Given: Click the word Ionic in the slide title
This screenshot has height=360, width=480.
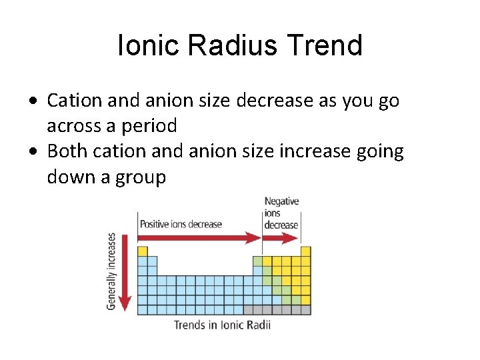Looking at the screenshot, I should pos(148,46).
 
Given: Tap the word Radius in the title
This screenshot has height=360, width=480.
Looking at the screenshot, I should pos(229,46).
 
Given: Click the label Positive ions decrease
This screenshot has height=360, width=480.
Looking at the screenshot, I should pos(181,224).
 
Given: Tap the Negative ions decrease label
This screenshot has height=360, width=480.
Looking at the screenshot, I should pos(281,213).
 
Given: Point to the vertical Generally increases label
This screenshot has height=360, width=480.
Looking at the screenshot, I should pos(111,271).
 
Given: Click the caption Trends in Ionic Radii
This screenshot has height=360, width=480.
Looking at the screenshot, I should pos(222,325).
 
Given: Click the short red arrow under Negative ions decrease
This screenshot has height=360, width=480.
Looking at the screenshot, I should pos(281,237).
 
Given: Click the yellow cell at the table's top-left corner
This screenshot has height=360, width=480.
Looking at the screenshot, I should pos(142,251).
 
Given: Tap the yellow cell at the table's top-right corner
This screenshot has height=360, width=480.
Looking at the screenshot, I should pos(306,251).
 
